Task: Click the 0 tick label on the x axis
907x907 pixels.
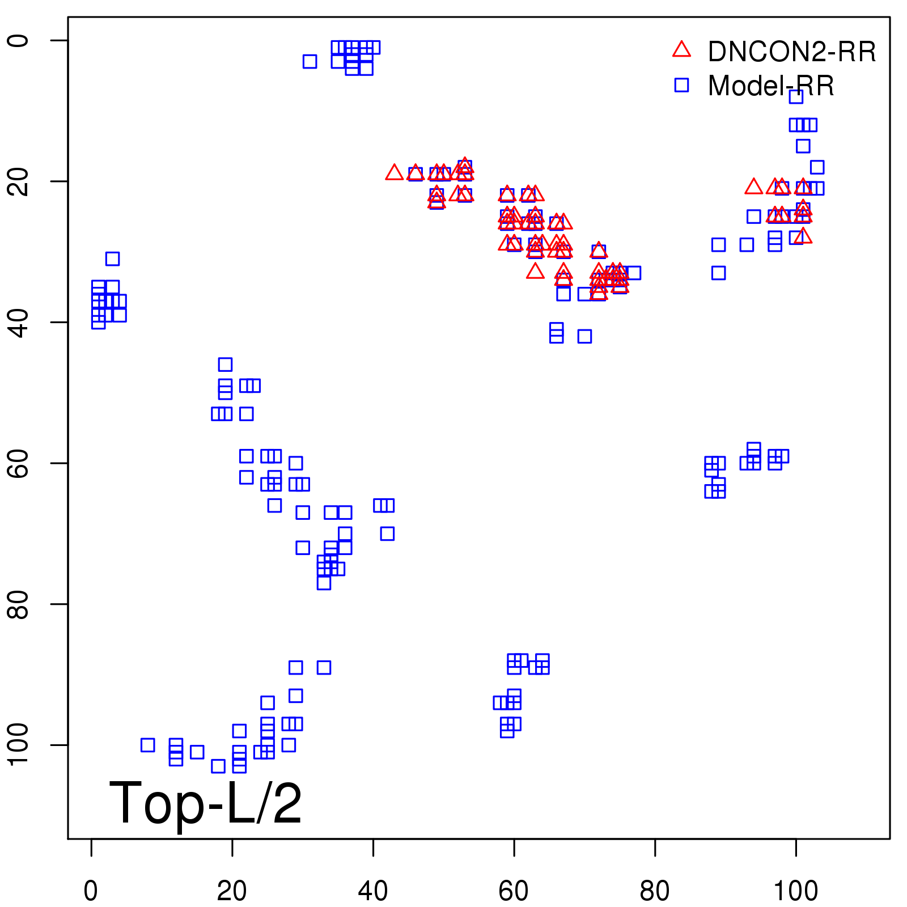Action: (x=91, y=891)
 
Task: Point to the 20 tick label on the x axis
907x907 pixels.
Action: (x=232, y=891)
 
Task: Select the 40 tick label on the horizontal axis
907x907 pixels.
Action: (x=373, y=891)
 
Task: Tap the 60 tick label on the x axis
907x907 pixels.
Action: (x=514, y=891)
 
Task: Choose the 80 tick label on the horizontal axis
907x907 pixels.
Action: (x=655, y=891)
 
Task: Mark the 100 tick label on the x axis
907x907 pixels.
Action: (x=795, y=891)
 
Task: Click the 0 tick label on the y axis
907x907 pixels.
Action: (x=18, y=41)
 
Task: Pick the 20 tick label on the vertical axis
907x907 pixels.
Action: (x=18, y=181)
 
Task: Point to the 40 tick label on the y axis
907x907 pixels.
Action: (x=18, y=322)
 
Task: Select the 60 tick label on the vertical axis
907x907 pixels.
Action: (x=18, y=463)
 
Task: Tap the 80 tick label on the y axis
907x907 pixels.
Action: (x=18, y=604)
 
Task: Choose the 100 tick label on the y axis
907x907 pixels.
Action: (x=18, y=744)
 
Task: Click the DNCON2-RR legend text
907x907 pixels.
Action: (x=791, y=52)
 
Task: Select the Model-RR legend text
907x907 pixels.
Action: (x=771, y=86)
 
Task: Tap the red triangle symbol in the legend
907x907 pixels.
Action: (x=681, y=50)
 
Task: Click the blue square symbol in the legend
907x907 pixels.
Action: (x=681, y=85)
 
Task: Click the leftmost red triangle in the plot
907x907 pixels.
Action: (x=394, y=172)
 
